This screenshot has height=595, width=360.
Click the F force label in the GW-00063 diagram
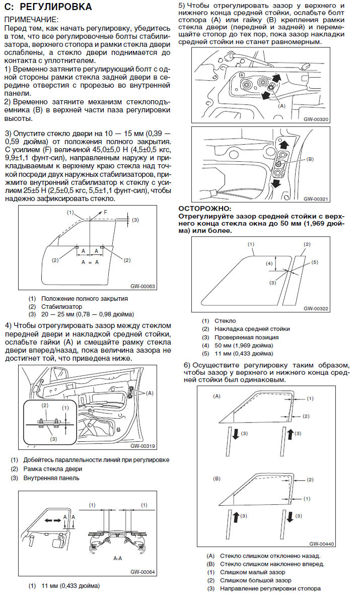(105, 213)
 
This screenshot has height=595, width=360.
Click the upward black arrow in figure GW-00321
(284, 145)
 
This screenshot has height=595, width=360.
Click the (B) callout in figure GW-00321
(310, 159)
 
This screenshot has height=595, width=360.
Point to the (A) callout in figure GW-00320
(281, 106)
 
